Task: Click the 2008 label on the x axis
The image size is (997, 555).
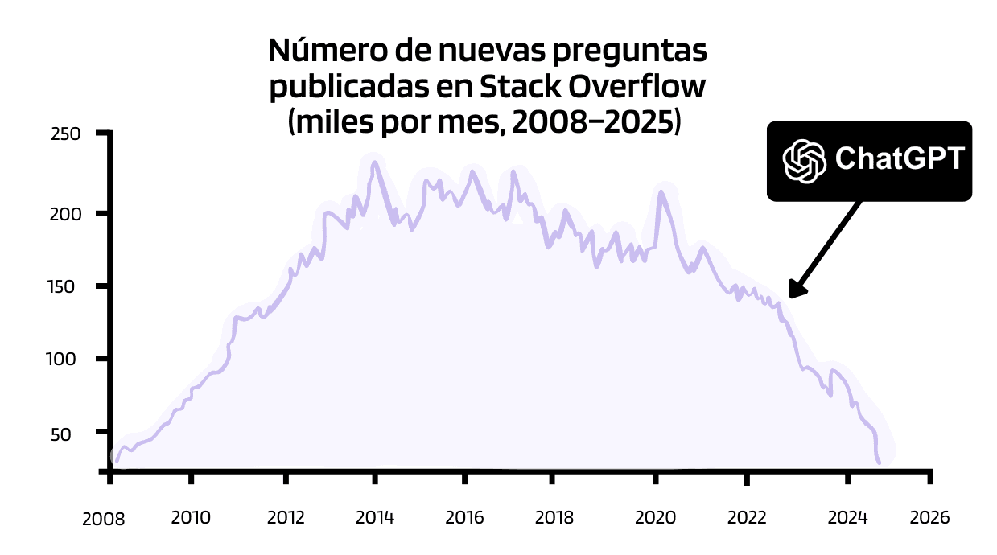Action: pos(104,520)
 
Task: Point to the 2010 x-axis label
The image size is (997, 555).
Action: pos(191,517)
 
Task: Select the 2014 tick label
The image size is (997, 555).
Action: pos(374,517)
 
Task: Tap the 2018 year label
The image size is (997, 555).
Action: pos(554,517)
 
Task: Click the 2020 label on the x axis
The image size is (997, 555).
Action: pos(655,517)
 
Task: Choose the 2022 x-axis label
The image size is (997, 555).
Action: pos(746,517)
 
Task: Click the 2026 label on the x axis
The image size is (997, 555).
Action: pos(929,517)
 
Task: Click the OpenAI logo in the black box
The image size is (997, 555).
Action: pos(805,160)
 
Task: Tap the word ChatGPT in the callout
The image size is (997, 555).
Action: pos(899,159)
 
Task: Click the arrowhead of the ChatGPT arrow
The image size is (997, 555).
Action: pos(795,290)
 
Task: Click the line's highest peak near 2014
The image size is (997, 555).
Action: pos(375,163)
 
